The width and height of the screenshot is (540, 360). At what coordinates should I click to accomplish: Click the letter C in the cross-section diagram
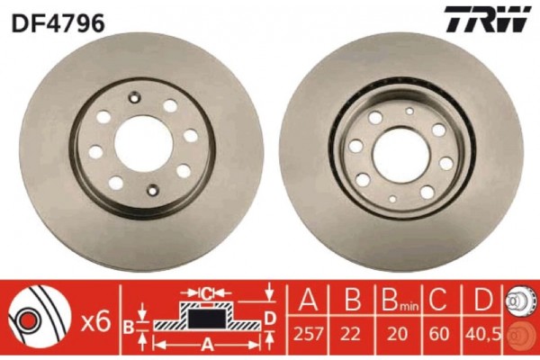coord(205,292)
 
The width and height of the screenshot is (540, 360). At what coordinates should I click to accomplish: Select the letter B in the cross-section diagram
coord(129,325)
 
